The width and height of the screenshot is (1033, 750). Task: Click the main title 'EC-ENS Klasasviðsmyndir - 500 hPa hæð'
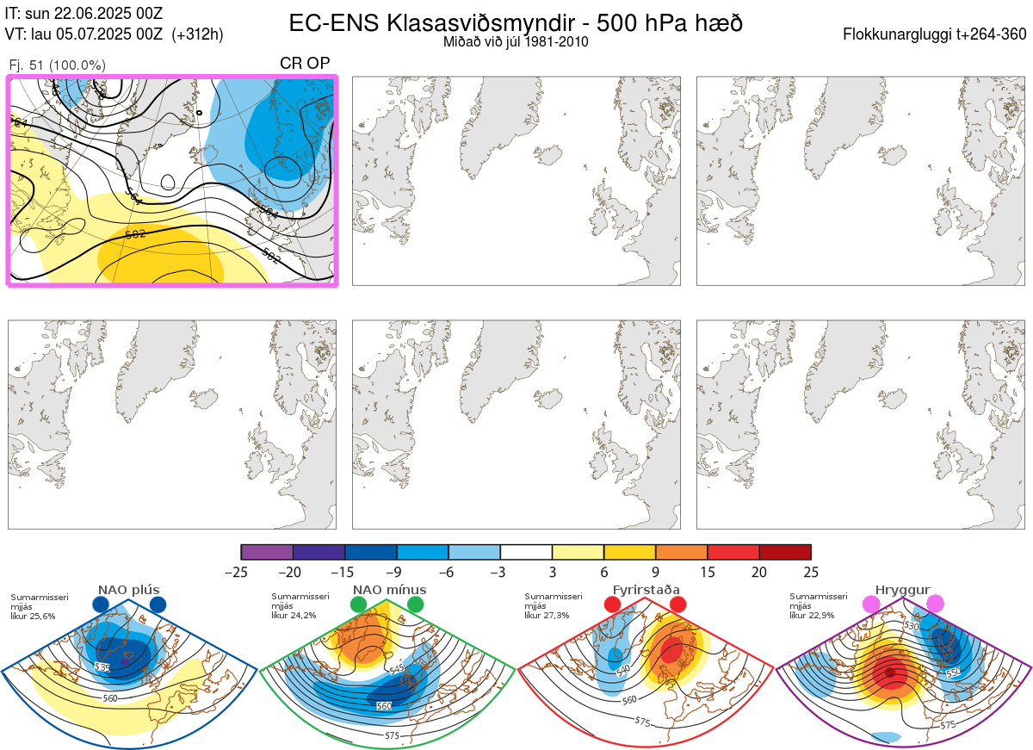516,23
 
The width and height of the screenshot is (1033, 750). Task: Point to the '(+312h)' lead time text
197,34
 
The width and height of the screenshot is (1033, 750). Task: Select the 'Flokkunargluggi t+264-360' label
937,34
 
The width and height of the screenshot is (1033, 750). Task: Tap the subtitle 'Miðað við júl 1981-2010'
516,41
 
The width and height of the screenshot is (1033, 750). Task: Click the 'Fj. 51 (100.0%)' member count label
57,65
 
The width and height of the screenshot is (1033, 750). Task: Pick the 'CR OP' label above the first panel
305,65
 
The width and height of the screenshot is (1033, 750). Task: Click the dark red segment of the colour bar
785,553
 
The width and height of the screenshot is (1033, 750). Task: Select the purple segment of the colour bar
267,553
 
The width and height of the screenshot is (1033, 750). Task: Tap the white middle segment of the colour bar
526,553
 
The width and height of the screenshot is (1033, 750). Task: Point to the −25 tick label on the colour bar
241,572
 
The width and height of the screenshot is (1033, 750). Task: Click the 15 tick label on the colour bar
708,572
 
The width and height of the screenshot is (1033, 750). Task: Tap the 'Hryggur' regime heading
902,590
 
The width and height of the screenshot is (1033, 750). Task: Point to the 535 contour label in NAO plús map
102,667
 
